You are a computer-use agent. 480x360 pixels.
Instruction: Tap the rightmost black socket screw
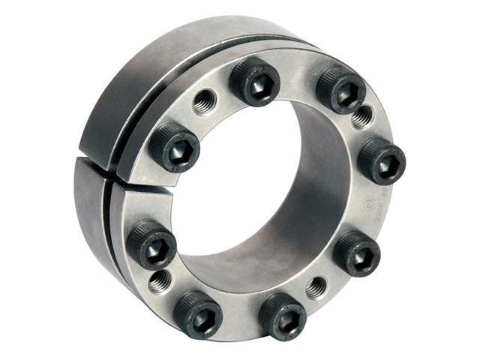381,160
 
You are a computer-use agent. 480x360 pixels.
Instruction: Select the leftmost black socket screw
151,245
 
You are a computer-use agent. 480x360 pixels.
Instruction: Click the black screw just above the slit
173,148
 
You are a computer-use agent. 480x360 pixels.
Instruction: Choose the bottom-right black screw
282,315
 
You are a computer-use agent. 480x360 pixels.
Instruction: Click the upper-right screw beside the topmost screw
340,89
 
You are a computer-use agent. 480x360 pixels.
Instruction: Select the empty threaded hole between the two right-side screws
363,116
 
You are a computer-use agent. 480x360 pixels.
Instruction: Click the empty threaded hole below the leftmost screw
159,281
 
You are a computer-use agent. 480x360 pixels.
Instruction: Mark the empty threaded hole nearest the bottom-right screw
316,287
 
